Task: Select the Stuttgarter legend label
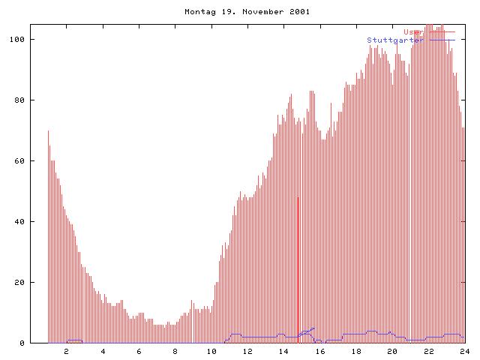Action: (x=394, y=40)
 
